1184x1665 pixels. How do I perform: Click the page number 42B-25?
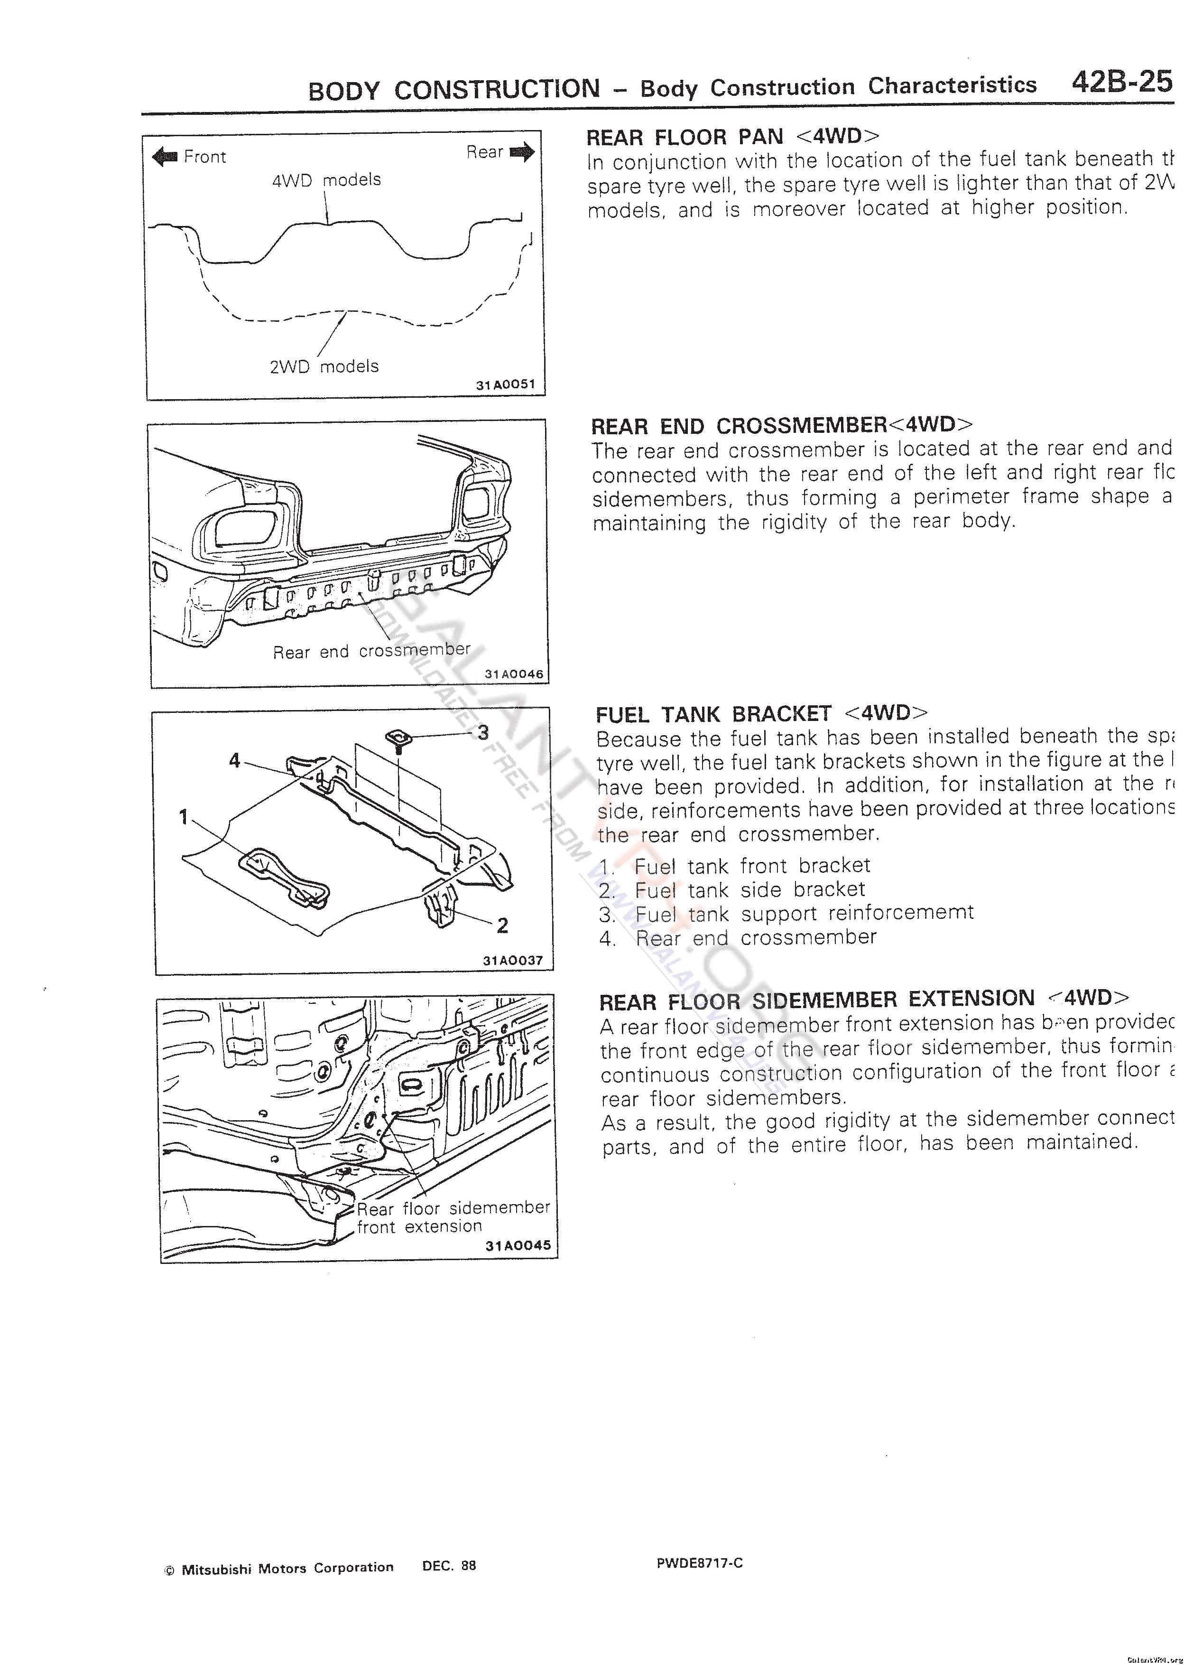coord(1121,82)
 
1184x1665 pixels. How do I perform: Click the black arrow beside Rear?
coord(523,152)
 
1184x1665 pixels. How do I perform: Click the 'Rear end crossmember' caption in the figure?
coord(372,651)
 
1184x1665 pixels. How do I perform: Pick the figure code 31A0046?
coord(514,674)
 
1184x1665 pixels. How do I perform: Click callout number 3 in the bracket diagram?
coord(482,731)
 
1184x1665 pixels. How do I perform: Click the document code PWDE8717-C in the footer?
coord(699,1563)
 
